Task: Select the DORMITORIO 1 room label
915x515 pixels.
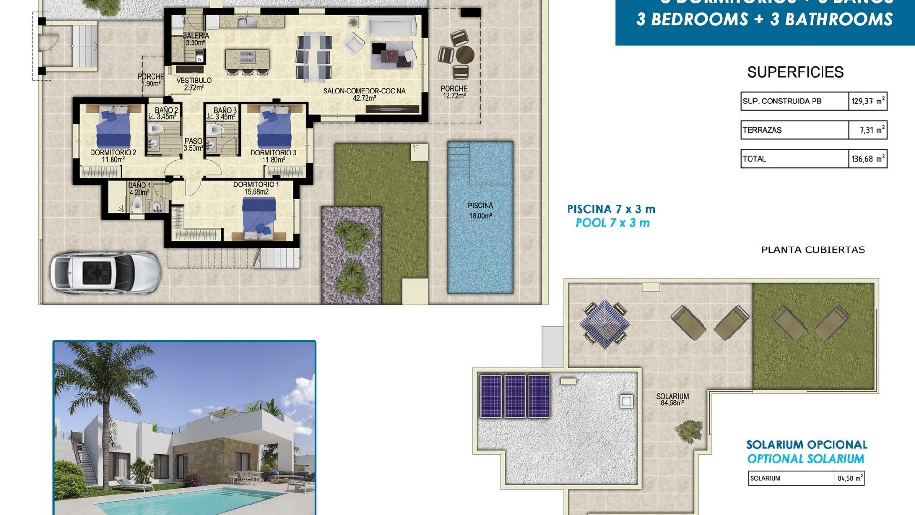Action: coord(256,188)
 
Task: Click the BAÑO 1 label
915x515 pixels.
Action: coord(139,189)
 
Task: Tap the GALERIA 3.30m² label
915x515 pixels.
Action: coord(195,39)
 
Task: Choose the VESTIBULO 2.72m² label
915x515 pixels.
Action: coord(194,84)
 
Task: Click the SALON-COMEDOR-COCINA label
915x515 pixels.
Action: coord(364,94)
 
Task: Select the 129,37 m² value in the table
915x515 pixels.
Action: coord(867,101)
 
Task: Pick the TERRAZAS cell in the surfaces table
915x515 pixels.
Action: coord(794,130)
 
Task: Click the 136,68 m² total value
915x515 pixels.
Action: coord(867,159)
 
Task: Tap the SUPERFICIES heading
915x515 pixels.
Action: coord(795,72)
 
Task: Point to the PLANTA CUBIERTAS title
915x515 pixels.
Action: coord(813,250)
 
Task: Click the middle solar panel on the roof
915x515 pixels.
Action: coord(515,396)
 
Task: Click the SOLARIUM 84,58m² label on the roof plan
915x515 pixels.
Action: coord(672,400)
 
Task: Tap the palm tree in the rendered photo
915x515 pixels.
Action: coord(102,381)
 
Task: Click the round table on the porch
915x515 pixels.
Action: coord(465,55)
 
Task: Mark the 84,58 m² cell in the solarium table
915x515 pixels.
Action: coord(850,478)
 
